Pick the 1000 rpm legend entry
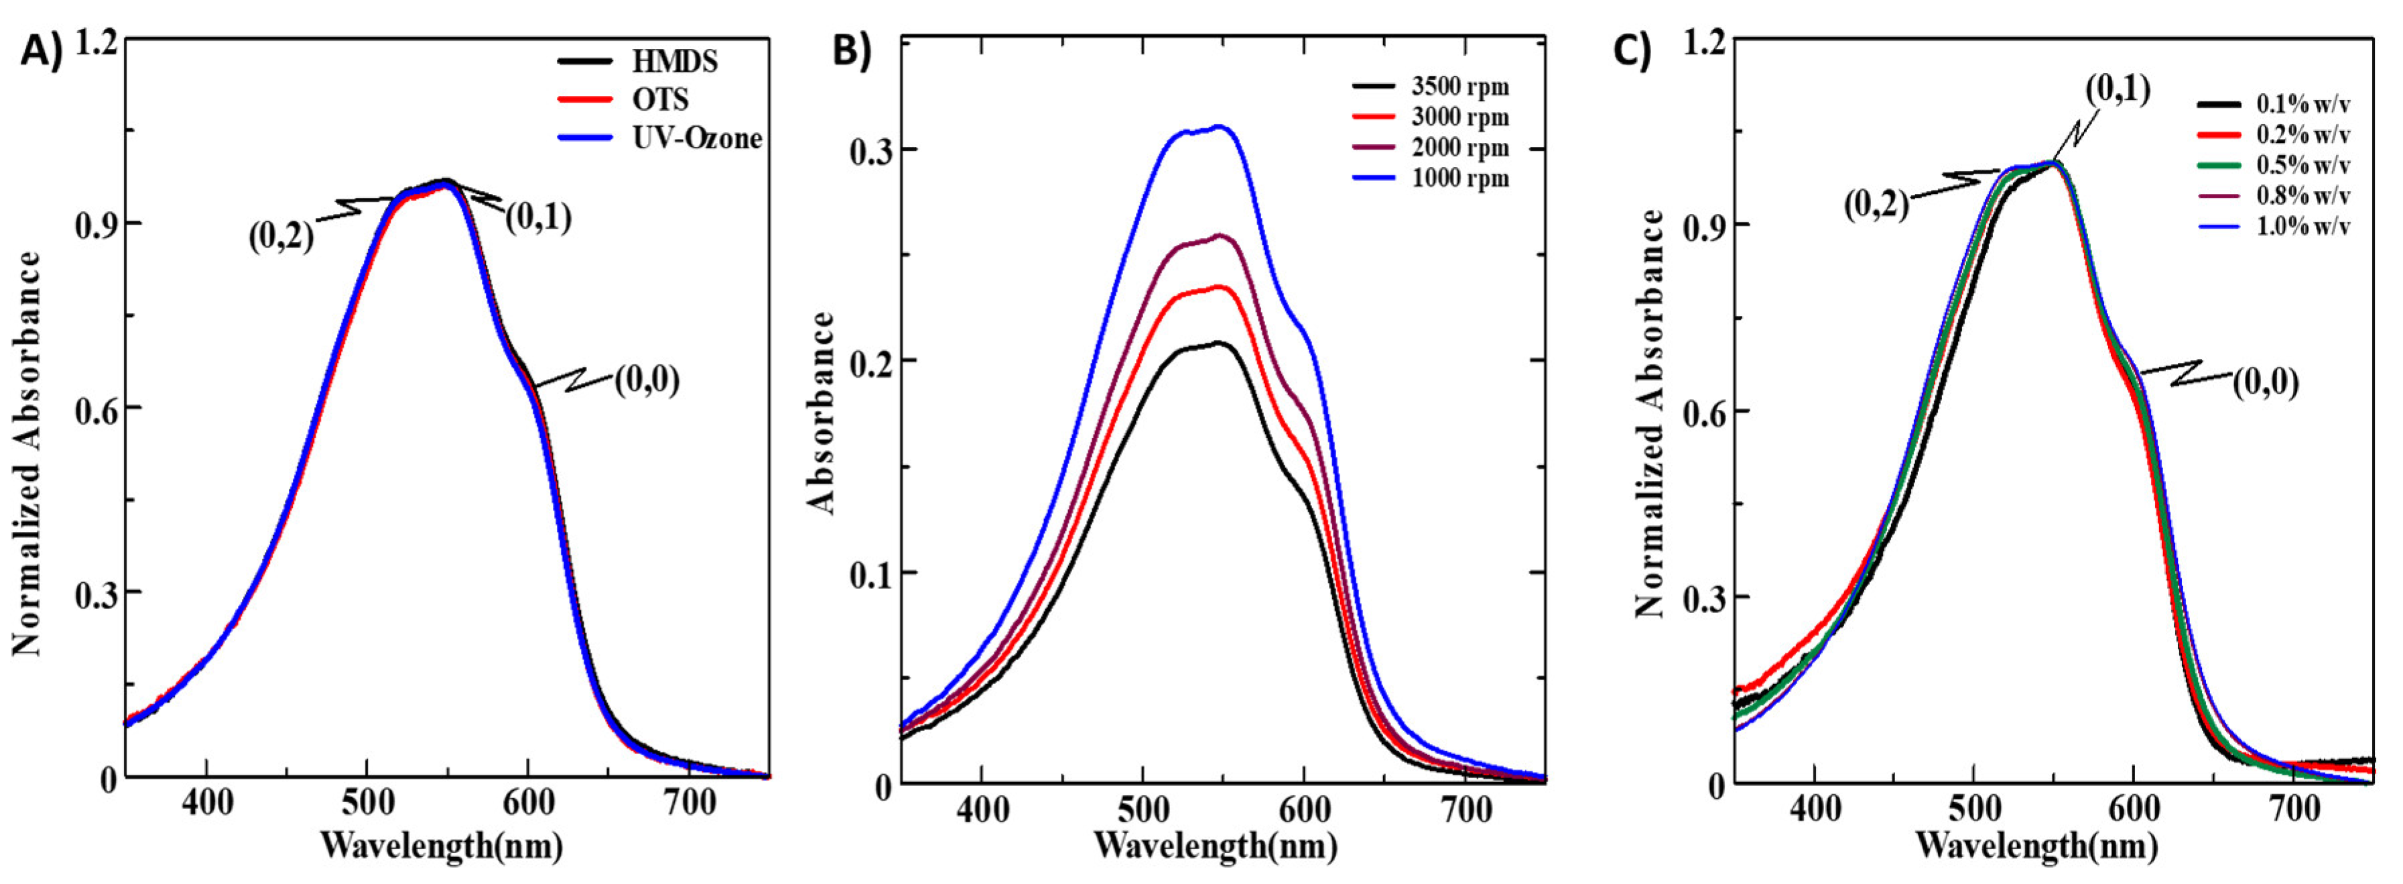1460,178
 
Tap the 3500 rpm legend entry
1460,88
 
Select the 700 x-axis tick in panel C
2293,808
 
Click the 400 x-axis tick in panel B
981,808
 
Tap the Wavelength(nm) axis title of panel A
441,846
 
